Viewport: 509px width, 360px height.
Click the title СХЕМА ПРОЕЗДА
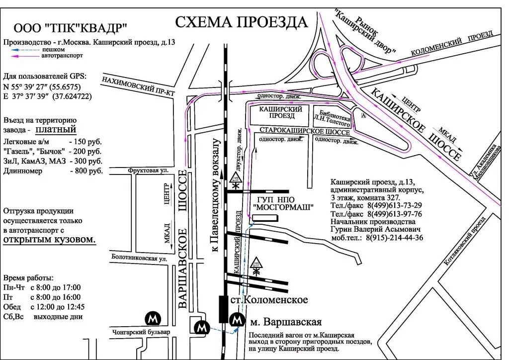242,22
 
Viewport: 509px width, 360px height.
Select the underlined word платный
56,130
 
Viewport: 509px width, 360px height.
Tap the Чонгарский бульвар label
140,332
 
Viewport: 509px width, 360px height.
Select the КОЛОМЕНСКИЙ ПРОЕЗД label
452,44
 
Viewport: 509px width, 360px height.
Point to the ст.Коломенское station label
269,300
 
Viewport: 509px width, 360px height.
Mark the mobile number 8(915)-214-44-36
395,238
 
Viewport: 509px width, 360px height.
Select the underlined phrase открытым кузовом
49,240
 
